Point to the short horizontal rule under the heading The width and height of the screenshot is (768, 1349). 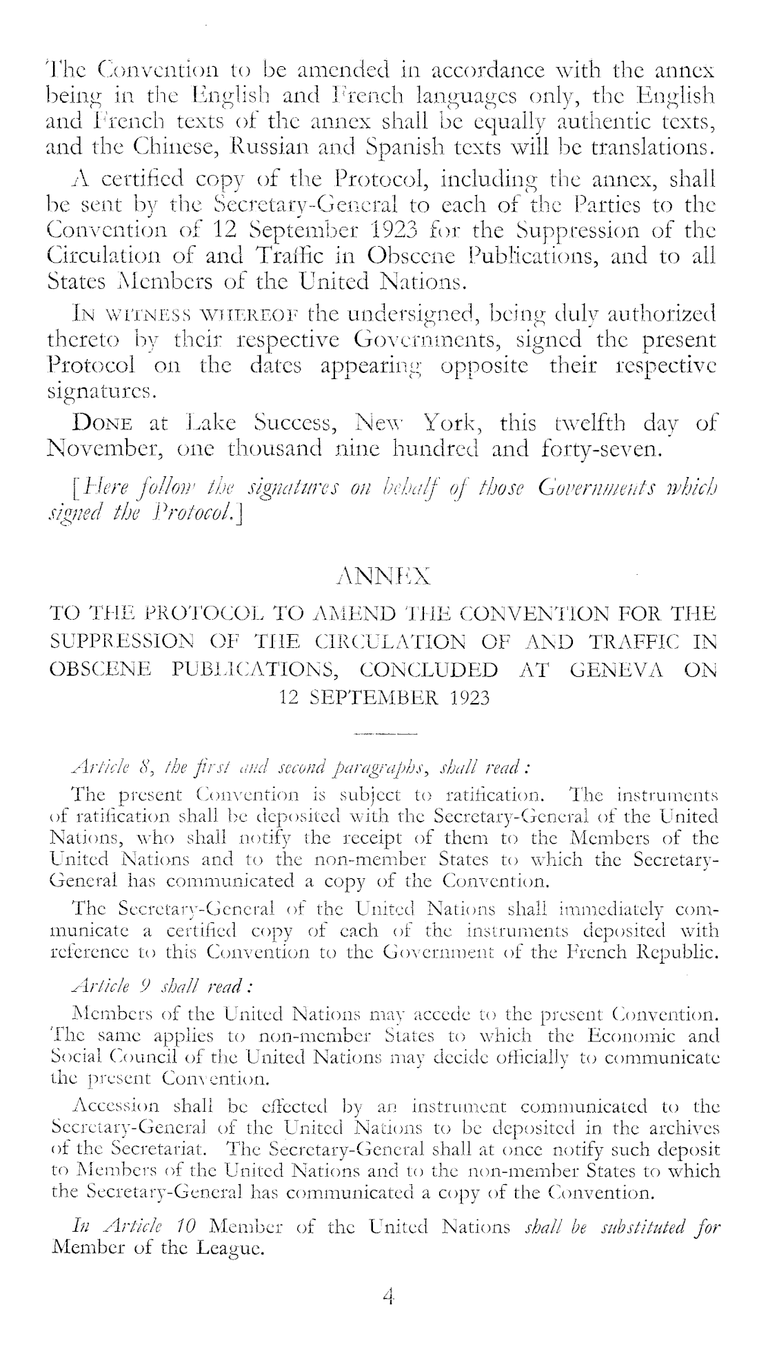click(x=385, y=734)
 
